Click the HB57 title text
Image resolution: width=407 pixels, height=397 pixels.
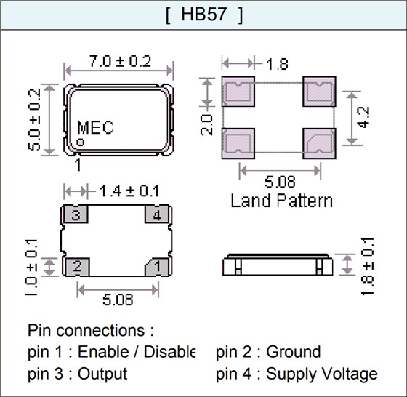point(203,16)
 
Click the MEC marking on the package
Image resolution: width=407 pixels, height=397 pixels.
point(96,127)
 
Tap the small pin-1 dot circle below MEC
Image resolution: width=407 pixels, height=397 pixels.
point(82,142)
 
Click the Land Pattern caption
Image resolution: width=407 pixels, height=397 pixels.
point(281,200)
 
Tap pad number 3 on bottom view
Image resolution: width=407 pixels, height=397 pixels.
point(76,215)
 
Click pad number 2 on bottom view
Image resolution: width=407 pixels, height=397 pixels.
point(76,267)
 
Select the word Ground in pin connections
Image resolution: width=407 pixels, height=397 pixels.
point(294,352)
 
